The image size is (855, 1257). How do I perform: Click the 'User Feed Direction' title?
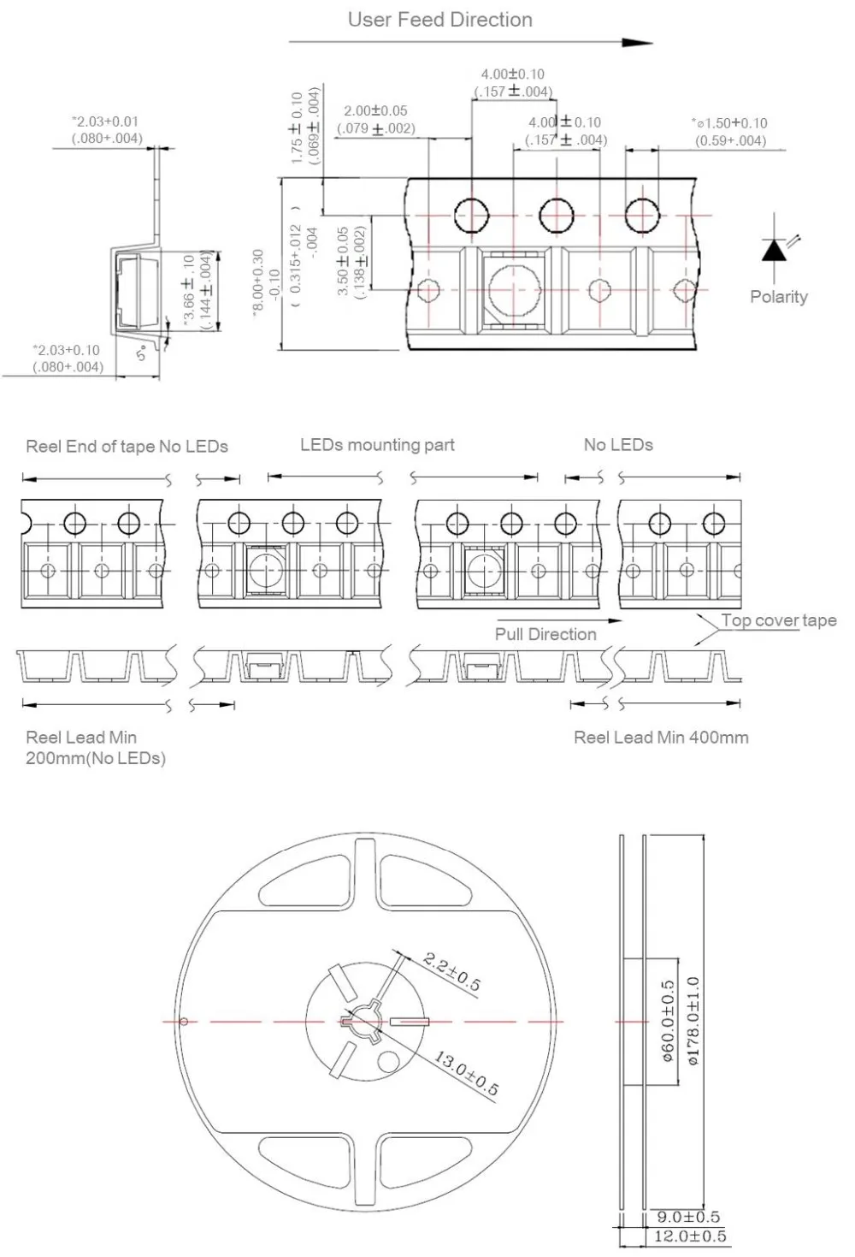coord(440,20)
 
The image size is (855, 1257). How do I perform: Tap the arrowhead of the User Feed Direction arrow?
coord(638,43)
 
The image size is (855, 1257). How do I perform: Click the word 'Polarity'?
coord(779,297)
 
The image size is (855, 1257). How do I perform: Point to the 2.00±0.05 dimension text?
coord(375,110)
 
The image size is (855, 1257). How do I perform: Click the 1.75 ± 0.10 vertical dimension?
coord(297,128)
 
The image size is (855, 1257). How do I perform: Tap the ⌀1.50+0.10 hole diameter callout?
coord(729,123)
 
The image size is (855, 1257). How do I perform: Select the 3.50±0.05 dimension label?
coord(343,261)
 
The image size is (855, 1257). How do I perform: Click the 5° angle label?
coord(143,353)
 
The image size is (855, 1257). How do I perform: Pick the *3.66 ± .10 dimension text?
coord(189,291)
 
